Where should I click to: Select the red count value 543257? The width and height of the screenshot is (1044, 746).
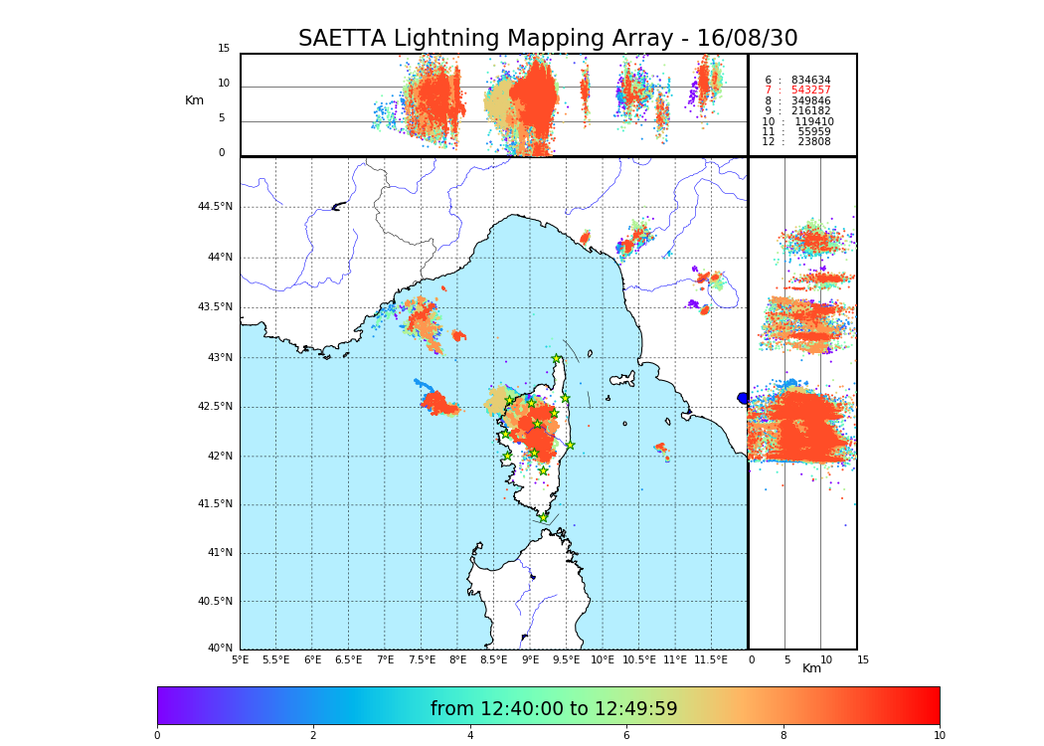tap(810, 91)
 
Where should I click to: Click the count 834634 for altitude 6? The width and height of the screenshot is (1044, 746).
tap(810, 81)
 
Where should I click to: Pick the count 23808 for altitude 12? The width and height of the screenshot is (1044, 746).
tap(810, 142)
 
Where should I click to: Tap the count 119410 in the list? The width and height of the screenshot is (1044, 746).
tap(813, 122)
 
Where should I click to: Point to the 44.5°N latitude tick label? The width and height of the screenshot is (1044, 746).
tap(215, 207)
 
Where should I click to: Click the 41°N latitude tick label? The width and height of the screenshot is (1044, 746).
tap(219, 553)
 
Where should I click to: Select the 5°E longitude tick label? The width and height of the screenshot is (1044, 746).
tap(241, 659)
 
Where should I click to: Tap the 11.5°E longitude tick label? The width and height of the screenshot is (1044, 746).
tap(711, 659)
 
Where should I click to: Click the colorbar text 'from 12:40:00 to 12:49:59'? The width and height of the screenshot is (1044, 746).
tap(554, 709)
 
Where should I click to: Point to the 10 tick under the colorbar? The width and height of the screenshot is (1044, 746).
tap(939, 736)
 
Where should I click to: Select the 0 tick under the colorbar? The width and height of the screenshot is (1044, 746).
tap(157, 736)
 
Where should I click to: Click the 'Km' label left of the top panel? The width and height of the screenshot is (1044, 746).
tap(194, 100)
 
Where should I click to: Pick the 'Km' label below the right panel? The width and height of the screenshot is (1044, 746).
tap(812, 668)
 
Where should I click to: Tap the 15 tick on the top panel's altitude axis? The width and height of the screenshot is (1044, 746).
tap(224, 49)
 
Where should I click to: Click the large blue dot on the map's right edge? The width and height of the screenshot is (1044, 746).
tap(743, 398)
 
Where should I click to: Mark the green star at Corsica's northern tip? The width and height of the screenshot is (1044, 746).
tap(557, 359)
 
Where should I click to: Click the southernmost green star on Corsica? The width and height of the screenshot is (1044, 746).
tap(543, 517)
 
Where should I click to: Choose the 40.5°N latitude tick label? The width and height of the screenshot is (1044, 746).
tap(215, 602)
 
